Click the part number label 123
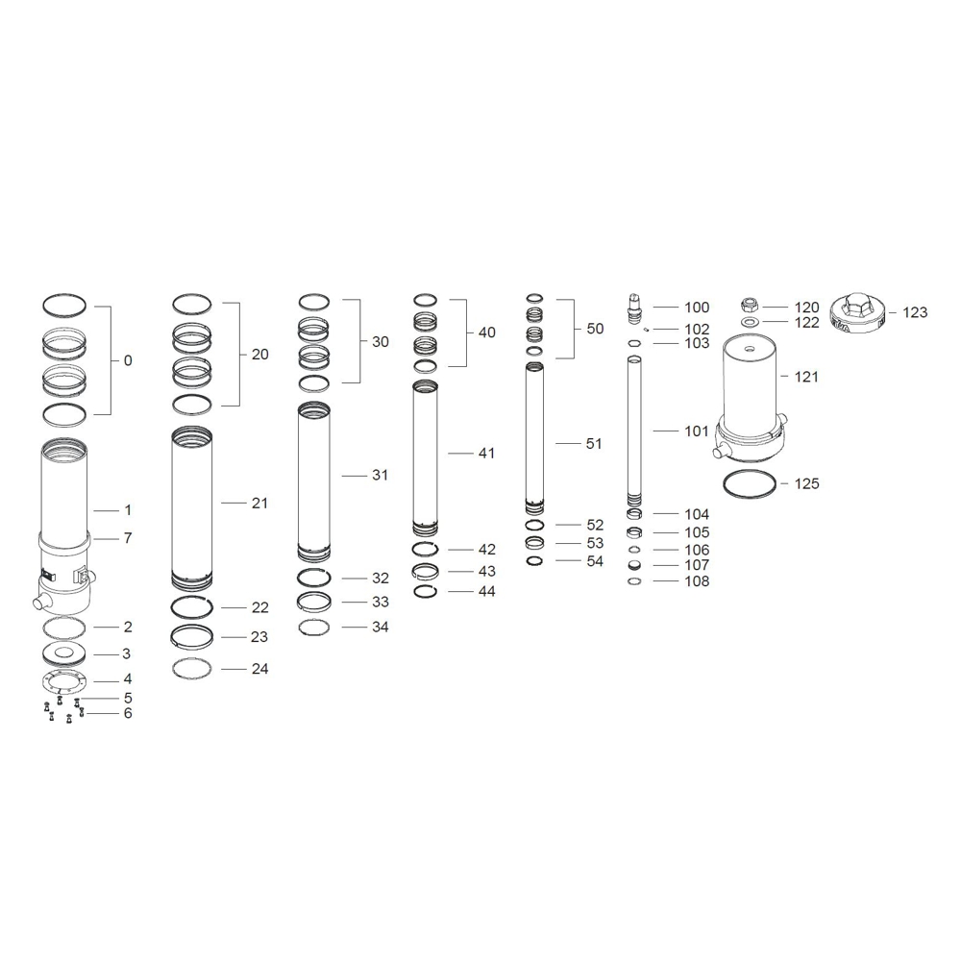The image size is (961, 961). point(915,312)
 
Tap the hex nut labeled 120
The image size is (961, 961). point(748,304)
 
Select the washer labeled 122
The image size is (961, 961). point(749,322)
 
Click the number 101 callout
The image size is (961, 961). point(696,431)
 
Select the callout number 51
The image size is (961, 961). point(594,444)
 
